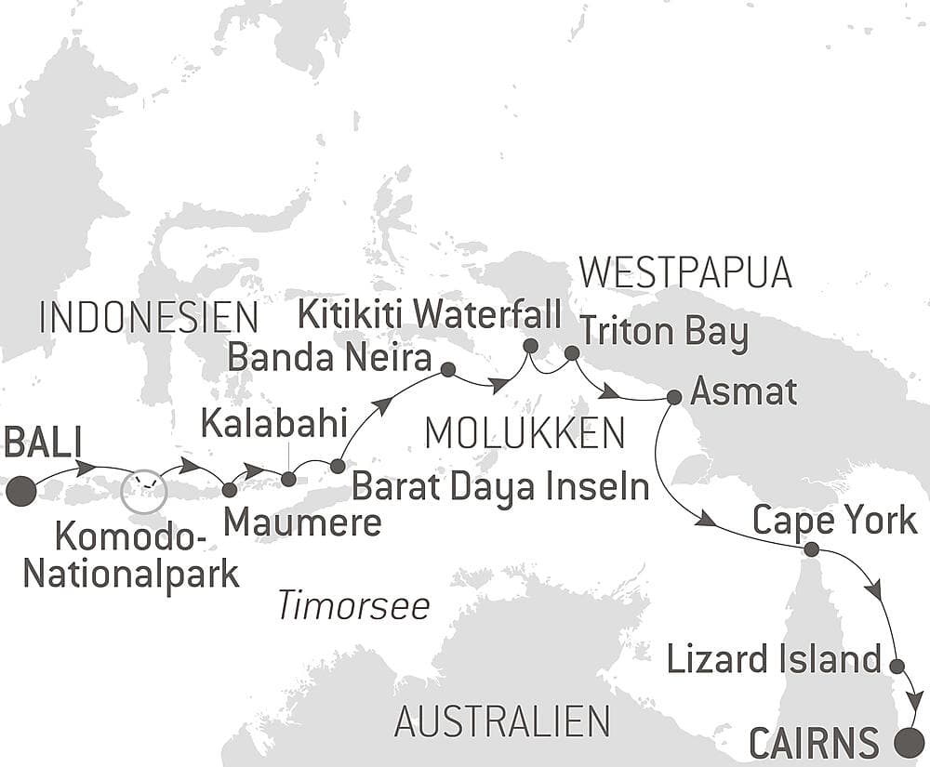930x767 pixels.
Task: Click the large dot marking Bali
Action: click(x=20, y=491)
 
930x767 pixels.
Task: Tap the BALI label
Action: click(x=44, y=443)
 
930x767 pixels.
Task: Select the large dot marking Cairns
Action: click(x=909, y=742)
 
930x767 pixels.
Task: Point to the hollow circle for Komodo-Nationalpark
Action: click(x=144, y=489)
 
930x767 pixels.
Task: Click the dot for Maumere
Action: click(x=230, y=488)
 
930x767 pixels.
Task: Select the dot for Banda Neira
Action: click(x=447, y=370)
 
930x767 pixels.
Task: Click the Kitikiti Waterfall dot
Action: click(x=530, y=346)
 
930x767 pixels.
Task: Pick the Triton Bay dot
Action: click(x=572, y=353)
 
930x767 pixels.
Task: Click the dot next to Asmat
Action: click(x=674, y=397)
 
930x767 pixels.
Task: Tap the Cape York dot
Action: click(x=811, y=549)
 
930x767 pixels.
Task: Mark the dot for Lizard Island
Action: click(x=897, y=666)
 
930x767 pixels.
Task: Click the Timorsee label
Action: click(x=353, y=607)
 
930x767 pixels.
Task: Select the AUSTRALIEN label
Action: click(x=502, y=721)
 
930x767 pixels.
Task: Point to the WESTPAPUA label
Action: click(x=684, y=272)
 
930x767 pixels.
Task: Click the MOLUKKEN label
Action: click(x=524, y=433)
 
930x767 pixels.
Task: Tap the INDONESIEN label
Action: click(x=149, y=318)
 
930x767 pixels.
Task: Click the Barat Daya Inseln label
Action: click(x=500, y=486)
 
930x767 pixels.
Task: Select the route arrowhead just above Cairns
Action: click(x=916, y=700)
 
